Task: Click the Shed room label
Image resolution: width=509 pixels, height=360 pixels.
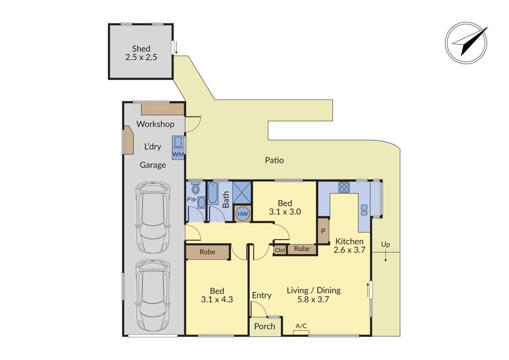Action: (141, 49)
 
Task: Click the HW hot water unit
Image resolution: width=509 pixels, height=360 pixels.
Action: (243, 214)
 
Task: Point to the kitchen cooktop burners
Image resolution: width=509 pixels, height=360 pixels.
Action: (344, 187)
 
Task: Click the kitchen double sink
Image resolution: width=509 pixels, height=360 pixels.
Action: (364, 210)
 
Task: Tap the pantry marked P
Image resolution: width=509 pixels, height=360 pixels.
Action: (323, 231)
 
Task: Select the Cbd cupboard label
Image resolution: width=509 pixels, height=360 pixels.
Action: (280, 250)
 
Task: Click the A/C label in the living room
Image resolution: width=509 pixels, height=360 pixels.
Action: (301, 326)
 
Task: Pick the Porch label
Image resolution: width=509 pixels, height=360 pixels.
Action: (264, 327)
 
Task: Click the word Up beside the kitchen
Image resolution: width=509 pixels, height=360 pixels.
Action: (385, 245)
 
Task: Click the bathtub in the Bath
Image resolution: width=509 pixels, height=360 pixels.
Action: (213, 193)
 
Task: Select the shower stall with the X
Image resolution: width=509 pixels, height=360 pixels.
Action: (242, 193)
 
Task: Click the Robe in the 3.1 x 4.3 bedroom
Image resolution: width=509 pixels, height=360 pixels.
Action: (207, 252)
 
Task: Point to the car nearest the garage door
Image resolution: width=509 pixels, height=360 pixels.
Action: (153, 295)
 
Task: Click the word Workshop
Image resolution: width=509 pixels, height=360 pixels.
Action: (155, 124)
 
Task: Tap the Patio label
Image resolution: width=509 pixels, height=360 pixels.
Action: (274, 160)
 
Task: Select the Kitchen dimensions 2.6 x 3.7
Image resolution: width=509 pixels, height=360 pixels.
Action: (349, 250)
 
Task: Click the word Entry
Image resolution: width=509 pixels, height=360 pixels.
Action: (261, 295)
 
